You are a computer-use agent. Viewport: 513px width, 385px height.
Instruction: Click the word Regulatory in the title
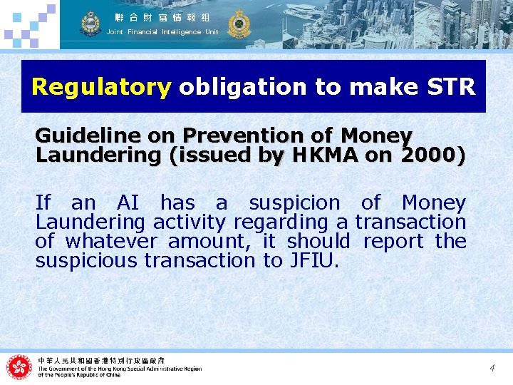[101, 87]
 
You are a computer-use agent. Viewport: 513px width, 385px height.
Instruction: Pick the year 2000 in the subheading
[425, 155]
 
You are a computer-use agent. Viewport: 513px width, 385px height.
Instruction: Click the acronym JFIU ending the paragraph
[310, 261]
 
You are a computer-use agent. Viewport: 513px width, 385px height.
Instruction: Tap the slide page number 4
[492, 368]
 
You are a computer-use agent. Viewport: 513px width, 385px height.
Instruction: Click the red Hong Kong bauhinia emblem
[19, 367]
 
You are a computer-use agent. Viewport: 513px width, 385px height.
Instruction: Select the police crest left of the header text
[90, 24]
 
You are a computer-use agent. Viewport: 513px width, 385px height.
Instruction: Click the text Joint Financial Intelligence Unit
[162, 32]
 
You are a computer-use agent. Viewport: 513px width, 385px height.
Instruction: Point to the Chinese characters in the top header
[162, 17]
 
